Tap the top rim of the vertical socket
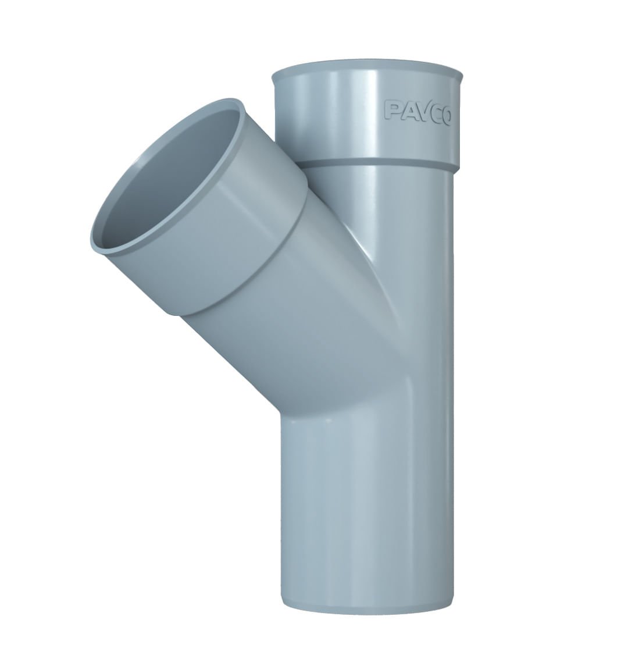(367, 68)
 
